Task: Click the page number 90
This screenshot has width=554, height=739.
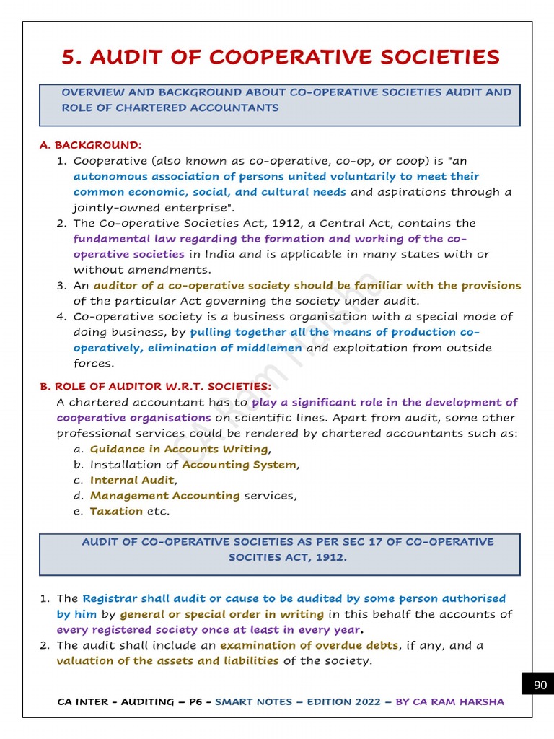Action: point(540,685)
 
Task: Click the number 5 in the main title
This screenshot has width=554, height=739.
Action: point(70,57)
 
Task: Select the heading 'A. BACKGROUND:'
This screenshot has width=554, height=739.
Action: point(90,145)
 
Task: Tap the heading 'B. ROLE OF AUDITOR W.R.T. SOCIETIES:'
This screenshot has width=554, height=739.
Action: point(155,387)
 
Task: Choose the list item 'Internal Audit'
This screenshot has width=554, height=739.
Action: point(132,480)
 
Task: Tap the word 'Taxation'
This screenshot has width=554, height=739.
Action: point(116,511)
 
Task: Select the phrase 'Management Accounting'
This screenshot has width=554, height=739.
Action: point(164,496)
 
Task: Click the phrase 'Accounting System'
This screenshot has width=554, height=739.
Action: point(239,465)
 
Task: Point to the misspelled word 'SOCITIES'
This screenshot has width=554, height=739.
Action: point(257,557)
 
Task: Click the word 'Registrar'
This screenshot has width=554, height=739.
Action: point(110,598)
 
